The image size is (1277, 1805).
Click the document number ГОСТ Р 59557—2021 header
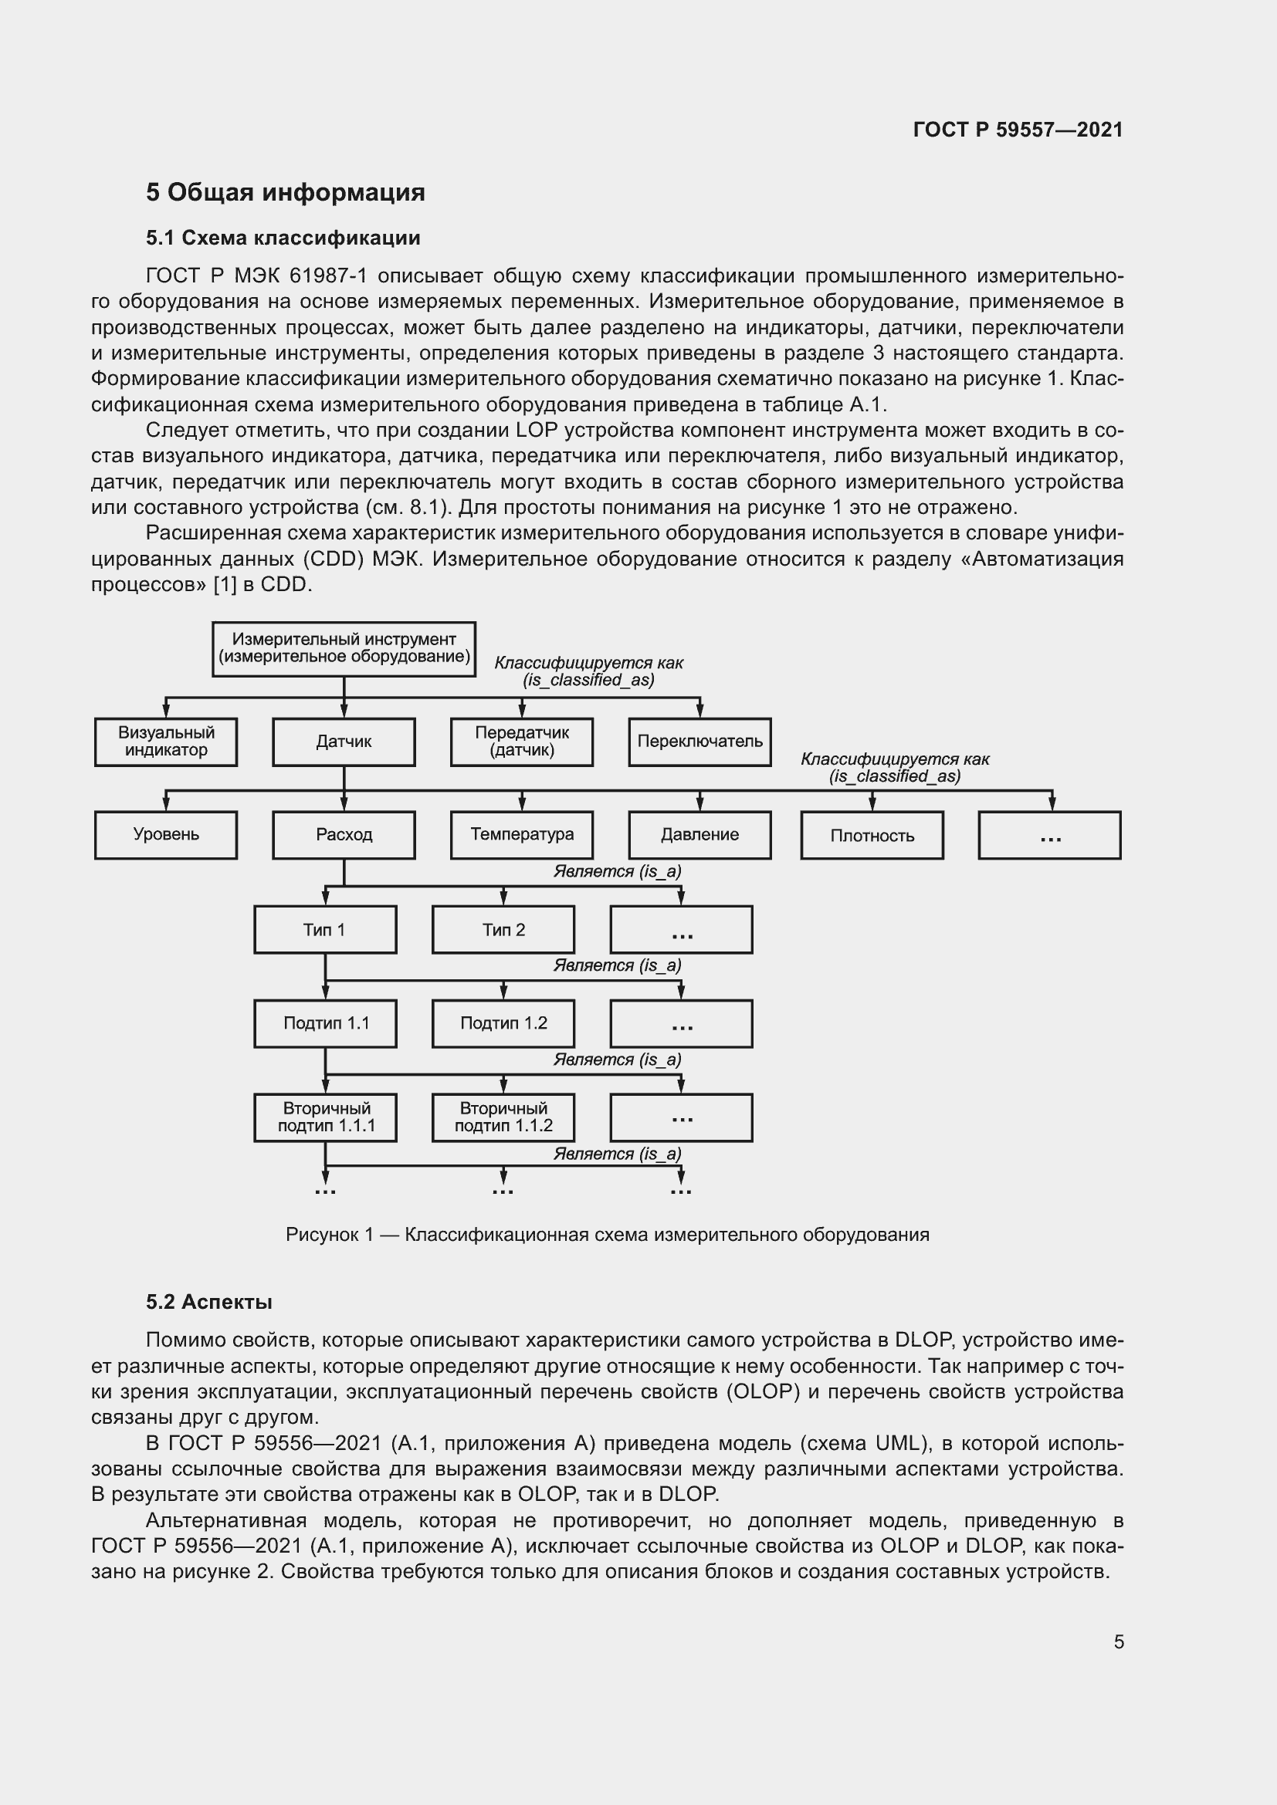[1018, 130]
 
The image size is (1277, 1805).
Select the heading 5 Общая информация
[285, 192]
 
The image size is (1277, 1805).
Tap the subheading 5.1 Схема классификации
[283, 238]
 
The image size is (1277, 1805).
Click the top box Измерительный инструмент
[344, 648]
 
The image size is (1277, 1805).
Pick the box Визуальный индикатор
[166, 742]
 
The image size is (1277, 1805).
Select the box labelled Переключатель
[699, 742]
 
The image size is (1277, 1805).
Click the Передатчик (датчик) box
[521, 742]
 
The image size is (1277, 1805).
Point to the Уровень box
[166, 834]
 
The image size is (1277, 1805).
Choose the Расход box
[344, 834]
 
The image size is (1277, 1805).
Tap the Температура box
[521, 834]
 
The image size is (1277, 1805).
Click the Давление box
[699, 834]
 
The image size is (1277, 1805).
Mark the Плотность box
[871, 835]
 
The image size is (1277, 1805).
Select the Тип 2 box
[503, 929]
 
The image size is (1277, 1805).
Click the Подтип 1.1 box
[326, 1022]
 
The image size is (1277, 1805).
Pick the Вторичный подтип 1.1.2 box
[503, 1117]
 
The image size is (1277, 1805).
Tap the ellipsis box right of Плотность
[1049, 835]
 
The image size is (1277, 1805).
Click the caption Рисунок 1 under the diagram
[607, 1234]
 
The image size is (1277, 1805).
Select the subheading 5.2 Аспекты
[209, 1302]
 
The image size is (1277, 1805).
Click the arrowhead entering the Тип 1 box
[326, 899]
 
